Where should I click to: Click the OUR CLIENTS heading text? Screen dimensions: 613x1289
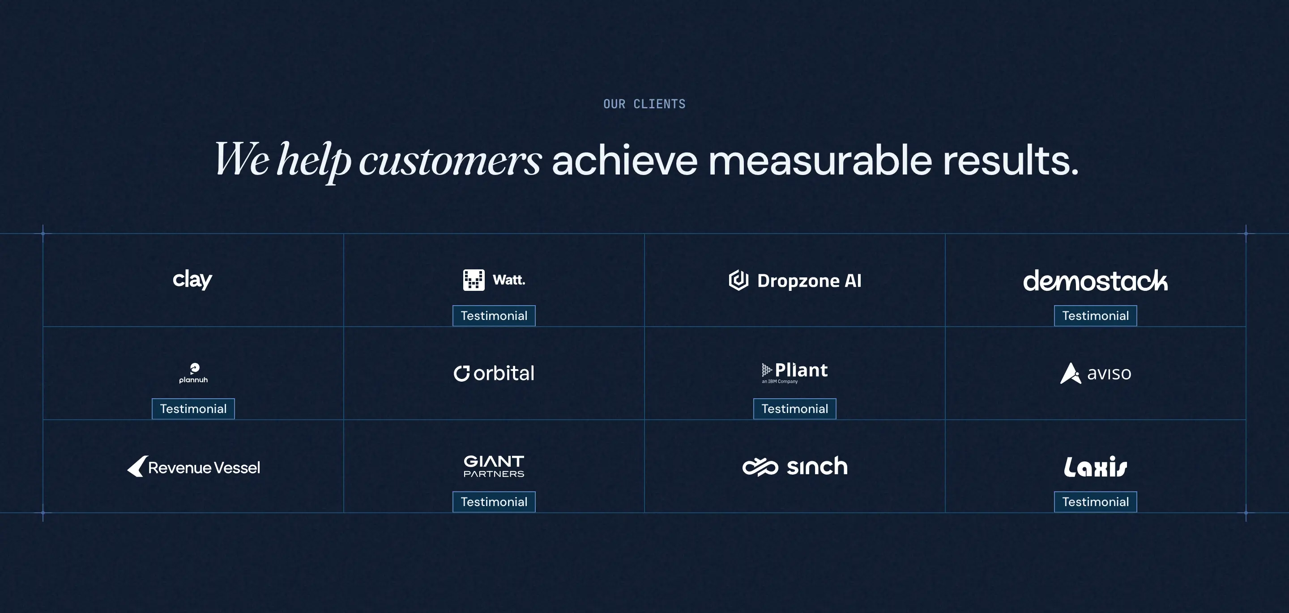(x=644, y=104)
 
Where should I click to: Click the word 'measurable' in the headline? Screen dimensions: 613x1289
(x=819, y=161)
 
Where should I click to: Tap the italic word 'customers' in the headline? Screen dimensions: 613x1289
(x=450, y=161)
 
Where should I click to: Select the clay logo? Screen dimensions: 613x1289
(x=192, y=279)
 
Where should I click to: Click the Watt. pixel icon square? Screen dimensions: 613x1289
(x=474, y=280)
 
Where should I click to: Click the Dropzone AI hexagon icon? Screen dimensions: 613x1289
(x=738, y=280)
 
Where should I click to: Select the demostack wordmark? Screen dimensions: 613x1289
(x=1095, y=281)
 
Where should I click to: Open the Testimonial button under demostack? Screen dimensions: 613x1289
(x=1095, y=316)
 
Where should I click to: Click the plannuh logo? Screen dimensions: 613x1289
(x=194, y=373)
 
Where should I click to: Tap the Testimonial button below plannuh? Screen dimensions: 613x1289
(x=193, y=409)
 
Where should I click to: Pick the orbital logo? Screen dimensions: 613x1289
(x=494, y=373)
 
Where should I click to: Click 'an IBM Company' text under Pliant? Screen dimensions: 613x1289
(x=780, y=382)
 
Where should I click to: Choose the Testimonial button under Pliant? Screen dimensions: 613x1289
(x=794, y=409)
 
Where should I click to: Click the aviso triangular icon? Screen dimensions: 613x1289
(x=1070, y=374)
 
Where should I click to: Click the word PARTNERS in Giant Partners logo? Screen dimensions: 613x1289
(x=494, y=474)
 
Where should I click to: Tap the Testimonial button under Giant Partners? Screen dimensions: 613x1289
(x=494, y=502)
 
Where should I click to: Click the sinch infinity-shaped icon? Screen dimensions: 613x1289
(x=760, y=467)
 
